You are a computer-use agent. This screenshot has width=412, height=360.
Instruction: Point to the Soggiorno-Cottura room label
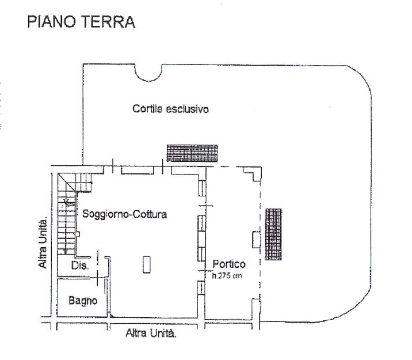point(124,215)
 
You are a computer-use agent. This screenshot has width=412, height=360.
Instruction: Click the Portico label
point(228,264)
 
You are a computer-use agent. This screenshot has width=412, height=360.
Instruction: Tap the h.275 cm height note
point(228,275)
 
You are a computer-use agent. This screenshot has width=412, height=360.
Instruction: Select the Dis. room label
point(78,266)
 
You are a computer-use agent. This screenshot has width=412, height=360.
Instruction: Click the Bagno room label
point(82,300)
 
